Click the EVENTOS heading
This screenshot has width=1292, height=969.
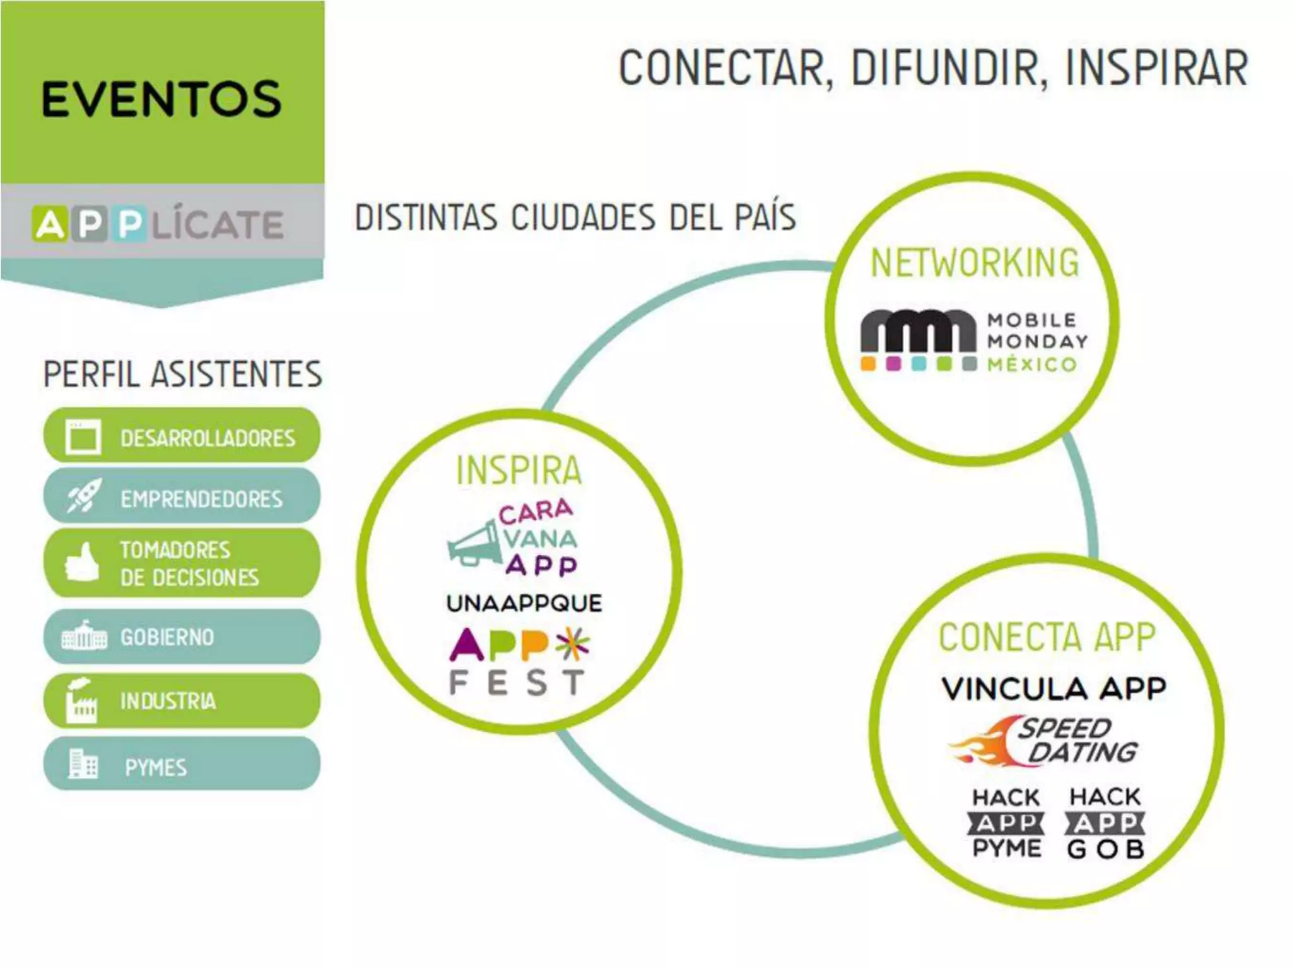click(161, 99)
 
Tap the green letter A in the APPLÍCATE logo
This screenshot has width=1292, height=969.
click(50, 224)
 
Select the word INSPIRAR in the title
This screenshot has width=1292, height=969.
click(1156, 68)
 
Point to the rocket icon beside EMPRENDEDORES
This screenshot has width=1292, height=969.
click(83, 496)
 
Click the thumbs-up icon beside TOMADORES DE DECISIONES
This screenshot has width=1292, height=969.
click(82, 561)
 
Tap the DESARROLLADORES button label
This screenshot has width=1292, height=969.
click(208, 438)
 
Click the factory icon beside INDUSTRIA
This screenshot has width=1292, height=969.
click(82, 700)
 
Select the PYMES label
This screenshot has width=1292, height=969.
click(156, 767)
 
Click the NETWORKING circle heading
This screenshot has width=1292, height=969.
click(975, 263)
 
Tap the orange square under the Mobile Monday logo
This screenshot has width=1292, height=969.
click(869, 364)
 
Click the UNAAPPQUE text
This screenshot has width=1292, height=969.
click(524, 603)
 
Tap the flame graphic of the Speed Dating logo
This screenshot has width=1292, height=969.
click(984, 744)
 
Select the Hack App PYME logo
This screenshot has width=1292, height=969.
click(1006, 823)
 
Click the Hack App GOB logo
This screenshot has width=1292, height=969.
click(1105, 823)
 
